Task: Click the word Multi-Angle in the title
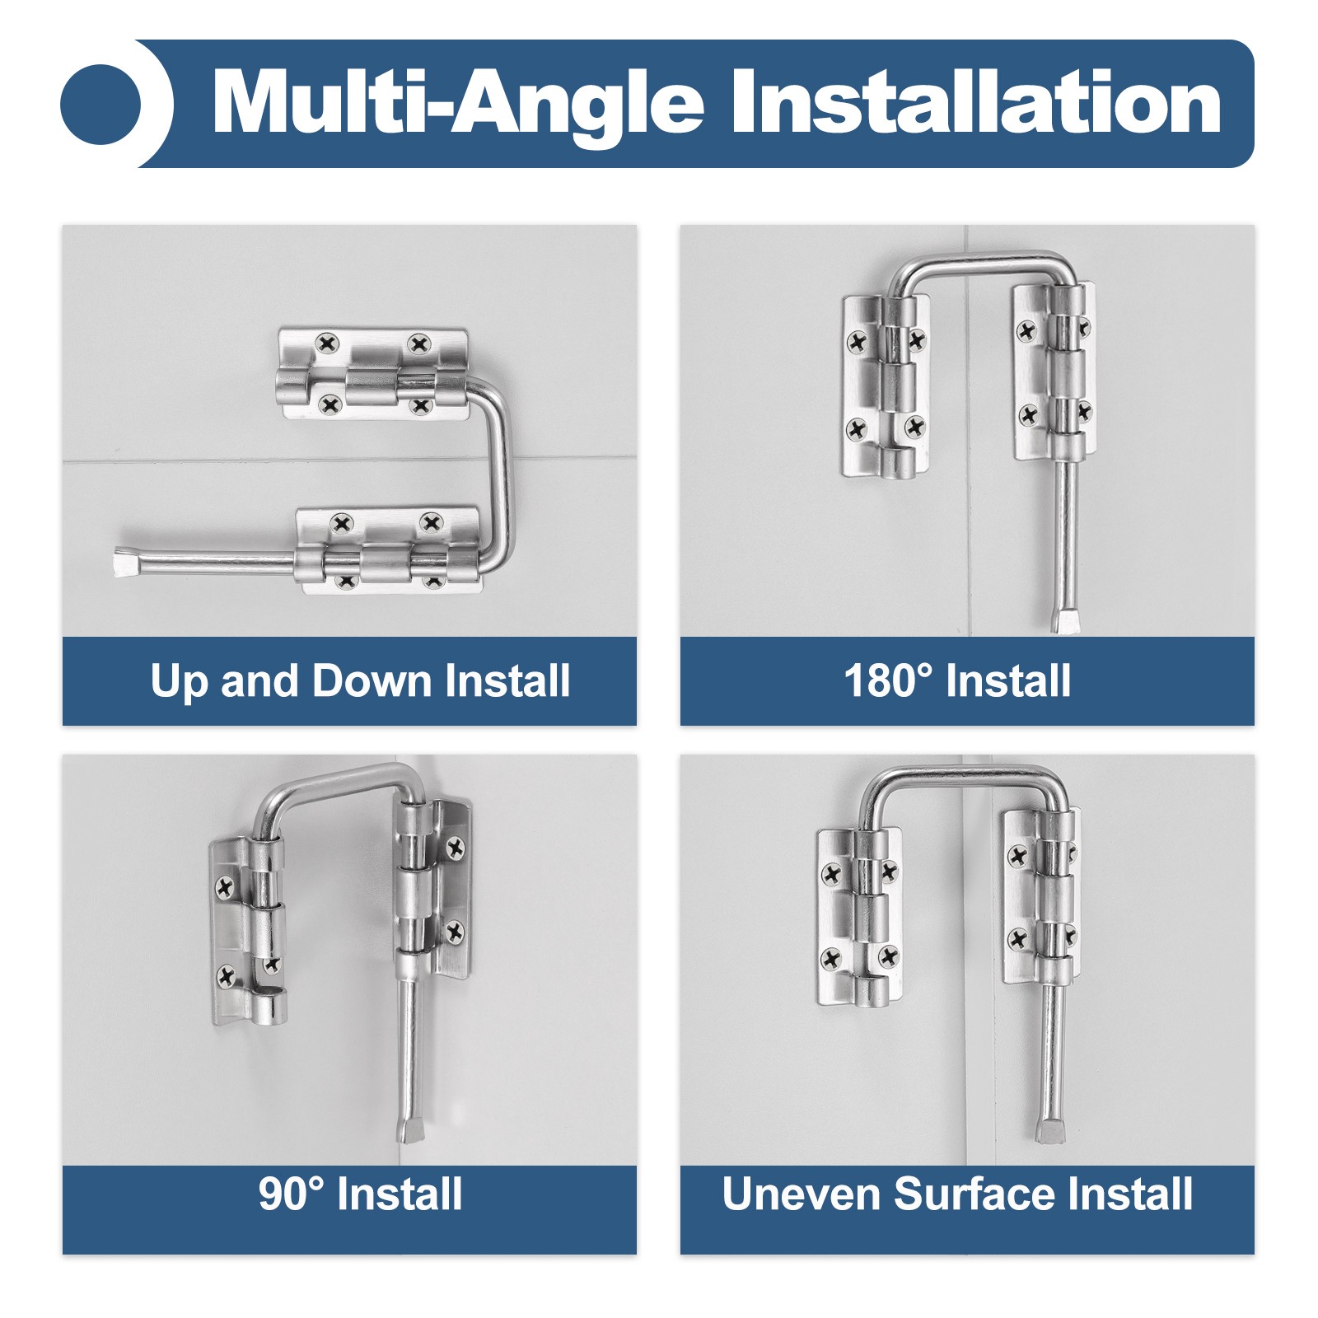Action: tap(458, 104)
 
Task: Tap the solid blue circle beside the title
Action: tap(100, 105)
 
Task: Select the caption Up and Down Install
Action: tap(360, 682)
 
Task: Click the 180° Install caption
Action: tap(957, 681)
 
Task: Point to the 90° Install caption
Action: tap(360, 1194)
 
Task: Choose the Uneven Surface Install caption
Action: tap(957, 1194)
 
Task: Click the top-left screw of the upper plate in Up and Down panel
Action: tap(328, 343)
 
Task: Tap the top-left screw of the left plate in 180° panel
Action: tap(858, 340)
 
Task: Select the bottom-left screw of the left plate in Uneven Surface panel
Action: tap(831, 958)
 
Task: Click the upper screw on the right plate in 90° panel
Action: tap(456, 846)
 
